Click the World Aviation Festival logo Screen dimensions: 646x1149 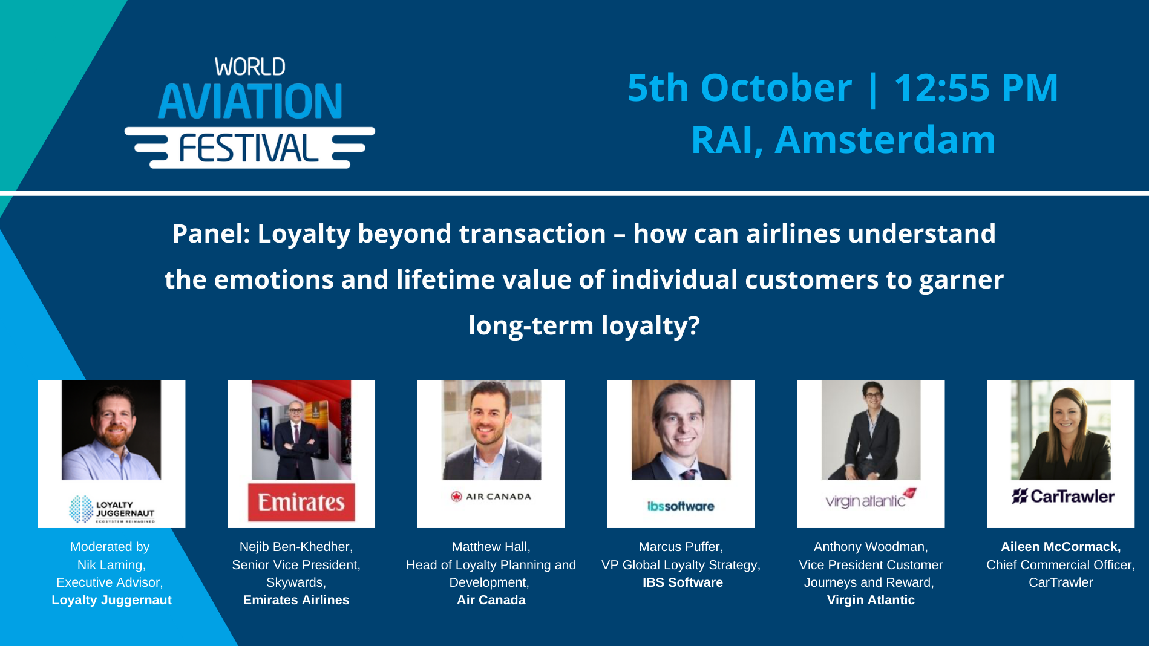pos(250,113)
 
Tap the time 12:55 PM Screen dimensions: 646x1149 pos(975,88)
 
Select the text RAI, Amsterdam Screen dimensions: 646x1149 pos(843,140)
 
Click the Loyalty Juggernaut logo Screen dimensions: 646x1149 pos(112,509)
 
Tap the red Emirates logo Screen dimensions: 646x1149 pos(301,502)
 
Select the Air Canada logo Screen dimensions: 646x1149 pos(491,497)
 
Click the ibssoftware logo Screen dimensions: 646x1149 pos(681,506)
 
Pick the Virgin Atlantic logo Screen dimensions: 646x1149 pos(871,498)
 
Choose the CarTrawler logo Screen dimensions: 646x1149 pos(1063,497)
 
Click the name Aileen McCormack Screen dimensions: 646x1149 pos(1060,547)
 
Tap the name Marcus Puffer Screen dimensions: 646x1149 pos(680,547)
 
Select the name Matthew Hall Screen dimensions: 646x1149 pos(490,547)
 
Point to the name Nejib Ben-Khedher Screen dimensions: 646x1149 pos(295,547)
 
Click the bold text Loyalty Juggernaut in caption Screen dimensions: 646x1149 pos(111,600)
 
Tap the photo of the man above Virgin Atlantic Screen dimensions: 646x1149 pos(871,430)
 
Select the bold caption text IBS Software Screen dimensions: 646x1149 pos(683,582)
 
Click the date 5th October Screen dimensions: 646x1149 pos(739,88)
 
